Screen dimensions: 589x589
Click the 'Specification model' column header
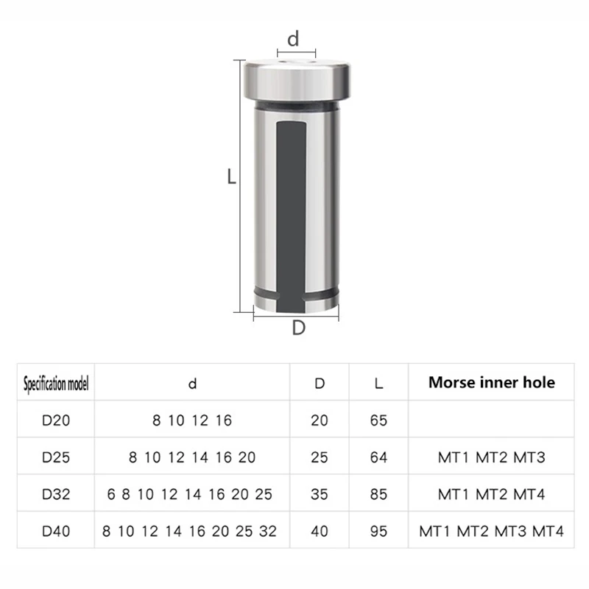(56, 384)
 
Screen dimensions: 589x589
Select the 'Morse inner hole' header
(492, 382)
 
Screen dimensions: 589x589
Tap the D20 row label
(56, 420)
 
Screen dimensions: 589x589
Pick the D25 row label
(56, 457)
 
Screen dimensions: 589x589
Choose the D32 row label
(56, 494)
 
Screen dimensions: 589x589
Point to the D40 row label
(56, 531)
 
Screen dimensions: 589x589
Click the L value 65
(378, 420)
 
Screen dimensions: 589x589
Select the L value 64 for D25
(378, 457)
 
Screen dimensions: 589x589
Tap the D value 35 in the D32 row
(320, 494)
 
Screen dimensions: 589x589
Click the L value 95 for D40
(378, 531)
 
